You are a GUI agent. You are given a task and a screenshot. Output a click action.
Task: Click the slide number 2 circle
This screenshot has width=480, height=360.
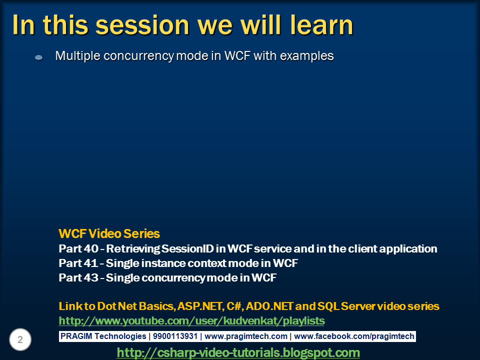(x=20, y=339)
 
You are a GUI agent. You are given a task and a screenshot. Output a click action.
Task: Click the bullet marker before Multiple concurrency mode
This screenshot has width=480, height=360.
(x=39, y=57)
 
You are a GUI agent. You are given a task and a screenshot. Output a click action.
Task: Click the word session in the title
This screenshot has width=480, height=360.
(x=142, y=25)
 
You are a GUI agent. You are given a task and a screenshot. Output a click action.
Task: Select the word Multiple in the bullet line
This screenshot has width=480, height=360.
(x=78, y=56)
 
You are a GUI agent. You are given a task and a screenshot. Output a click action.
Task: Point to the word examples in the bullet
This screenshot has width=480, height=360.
(x=306, y=56)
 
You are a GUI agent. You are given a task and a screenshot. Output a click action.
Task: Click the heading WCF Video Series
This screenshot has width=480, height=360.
(x=109, y=233)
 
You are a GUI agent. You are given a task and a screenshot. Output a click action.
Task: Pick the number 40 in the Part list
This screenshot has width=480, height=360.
(x=91, y=248)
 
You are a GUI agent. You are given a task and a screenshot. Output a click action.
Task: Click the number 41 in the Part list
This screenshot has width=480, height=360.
(x=90, y=263)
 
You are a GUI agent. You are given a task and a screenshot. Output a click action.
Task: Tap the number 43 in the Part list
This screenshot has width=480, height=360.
(x=91, y=277)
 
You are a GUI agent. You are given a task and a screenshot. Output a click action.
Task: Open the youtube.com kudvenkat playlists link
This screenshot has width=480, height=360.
(x=191, y=321)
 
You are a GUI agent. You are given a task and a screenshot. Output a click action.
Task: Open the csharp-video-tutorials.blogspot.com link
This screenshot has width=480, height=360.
(x=238, y=352)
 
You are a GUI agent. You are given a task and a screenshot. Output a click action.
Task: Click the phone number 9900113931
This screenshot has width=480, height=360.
(x=175, y=336)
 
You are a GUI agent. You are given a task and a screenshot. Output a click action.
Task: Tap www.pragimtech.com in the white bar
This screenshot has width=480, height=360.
(x=246, y=336)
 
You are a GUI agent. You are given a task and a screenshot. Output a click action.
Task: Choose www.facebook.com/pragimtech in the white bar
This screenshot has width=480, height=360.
(x=354, y=336)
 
